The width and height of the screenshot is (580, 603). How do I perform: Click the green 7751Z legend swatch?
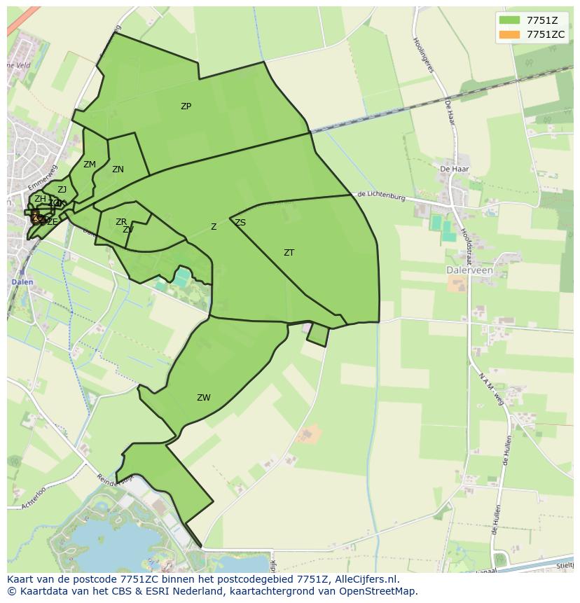(x=509, y=20)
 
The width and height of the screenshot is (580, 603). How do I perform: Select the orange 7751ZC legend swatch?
(x=509, y=34)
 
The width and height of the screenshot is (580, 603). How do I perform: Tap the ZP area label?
(x=186, y=106)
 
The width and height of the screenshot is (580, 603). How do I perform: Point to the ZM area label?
(x=89, y=165)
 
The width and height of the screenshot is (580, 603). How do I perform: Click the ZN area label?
(x=118, y=169)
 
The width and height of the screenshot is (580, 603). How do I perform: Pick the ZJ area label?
(x=62, y=190)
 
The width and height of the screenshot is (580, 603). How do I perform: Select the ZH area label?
(x=40, y=199)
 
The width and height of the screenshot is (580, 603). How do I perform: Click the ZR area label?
(x=121, y=222)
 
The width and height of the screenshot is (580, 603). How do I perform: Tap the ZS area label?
(x=240, y=223)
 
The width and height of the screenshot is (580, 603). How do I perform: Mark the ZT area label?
(x=289, y=253)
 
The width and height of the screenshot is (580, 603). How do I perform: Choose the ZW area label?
(x=203, y=398)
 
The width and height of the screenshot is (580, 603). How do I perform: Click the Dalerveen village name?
(x=469, y=270)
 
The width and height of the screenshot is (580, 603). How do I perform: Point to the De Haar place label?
(x=454, y=169)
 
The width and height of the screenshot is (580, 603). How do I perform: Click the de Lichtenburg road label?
(x=381, y=197)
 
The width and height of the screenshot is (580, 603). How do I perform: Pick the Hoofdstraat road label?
(x=467, y=241)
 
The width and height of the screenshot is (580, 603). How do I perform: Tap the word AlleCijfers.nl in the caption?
(x=366, y=579)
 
